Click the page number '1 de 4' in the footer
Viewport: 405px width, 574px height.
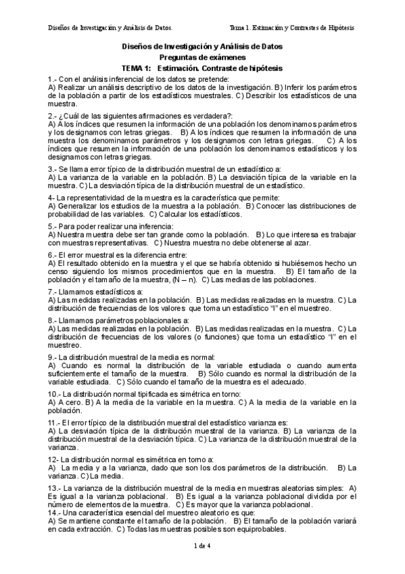point(203,546)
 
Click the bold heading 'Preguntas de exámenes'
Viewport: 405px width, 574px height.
point(201,58)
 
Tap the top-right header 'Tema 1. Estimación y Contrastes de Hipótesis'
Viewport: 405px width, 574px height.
point(292,28)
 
